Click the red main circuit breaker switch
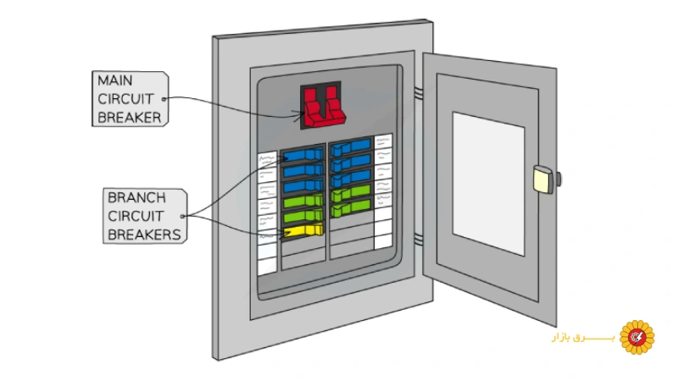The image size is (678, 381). [x=322, y=107]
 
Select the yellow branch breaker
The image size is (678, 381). [x=305, y=231]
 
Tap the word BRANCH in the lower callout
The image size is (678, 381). [x=136, y=197]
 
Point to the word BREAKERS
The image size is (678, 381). [x=144, y=235]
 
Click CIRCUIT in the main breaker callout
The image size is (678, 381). [x=125, y=99]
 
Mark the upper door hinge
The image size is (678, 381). [x=418, y=90]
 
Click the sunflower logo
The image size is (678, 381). [x=636, y=337]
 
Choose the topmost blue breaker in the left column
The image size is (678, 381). [x=303, y=155]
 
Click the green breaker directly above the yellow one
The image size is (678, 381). [x=303, y=217]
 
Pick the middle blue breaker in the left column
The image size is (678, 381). [x=303, y=171]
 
